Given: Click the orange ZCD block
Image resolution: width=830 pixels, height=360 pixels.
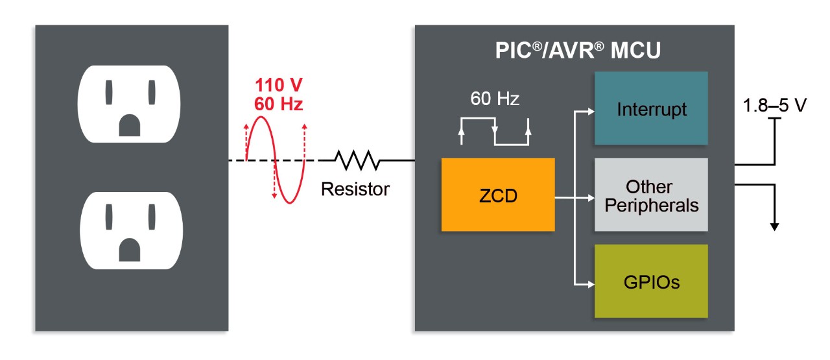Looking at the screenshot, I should pos(498,195).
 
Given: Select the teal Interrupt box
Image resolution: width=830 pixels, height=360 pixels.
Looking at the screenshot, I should pos(651,108).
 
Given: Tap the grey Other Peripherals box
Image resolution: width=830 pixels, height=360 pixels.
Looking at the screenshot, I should pos(651,195).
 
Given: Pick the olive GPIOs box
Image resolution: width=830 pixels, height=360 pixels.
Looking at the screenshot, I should pos(651,282).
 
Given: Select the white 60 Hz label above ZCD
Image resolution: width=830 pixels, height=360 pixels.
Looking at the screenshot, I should pos(495,99).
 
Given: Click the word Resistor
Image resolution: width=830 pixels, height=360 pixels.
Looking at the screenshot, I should pos(355,189).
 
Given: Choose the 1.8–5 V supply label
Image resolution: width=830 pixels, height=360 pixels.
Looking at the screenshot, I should pos(774,104).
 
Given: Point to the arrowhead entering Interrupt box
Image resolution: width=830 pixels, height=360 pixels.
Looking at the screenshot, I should pos(590,110).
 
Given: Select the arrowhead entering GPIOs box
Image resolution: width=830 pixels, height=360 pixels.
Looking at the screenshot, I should pos(590,283).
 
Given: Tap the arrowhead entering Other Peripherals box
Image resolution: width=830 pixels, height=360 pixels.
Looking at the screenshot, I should pos(590,197).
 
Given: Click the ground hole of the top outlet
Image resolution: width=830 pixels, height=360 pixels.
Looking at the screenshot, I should pos(129,125).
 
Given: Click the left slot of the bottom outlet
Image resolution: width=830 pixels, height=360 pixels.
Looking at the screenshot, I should pos(109,219).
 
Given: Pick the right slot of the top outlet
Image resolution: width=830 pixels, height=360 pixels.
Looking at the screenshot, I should pos(151,92).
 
